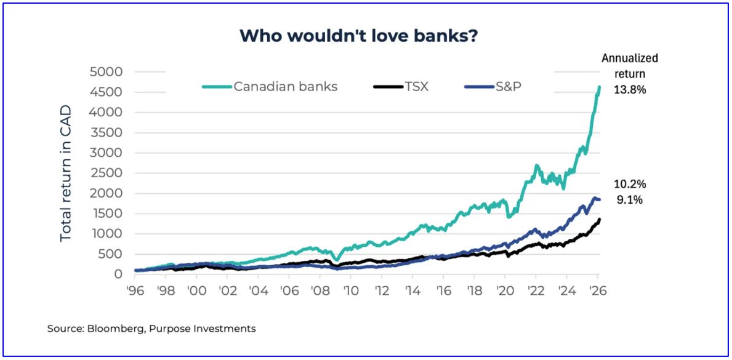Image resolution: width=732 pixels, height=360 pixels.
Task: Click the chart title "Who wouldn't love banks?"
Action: click(359, 36)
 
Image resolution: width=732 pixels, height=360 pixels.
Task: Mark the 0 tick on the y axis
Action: click(119, 274)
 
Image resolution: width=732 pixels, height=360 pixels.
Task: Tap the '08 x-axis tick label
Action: click(319, 290)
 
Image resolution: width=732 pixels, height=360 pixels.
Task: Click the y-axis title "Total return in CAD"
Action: click(66, 174)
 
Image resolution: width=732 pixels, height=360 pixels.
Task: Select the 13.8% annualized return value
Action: click(630, 90)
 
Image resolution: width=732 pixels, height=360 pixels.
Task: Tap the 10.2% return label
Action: click(630, 184)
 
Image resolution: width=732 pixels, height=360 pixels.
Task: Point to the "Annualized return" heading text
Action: click(630, 66)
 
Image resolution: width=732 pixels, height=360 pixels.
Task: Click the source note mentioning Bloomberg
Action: click(151, 329)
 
